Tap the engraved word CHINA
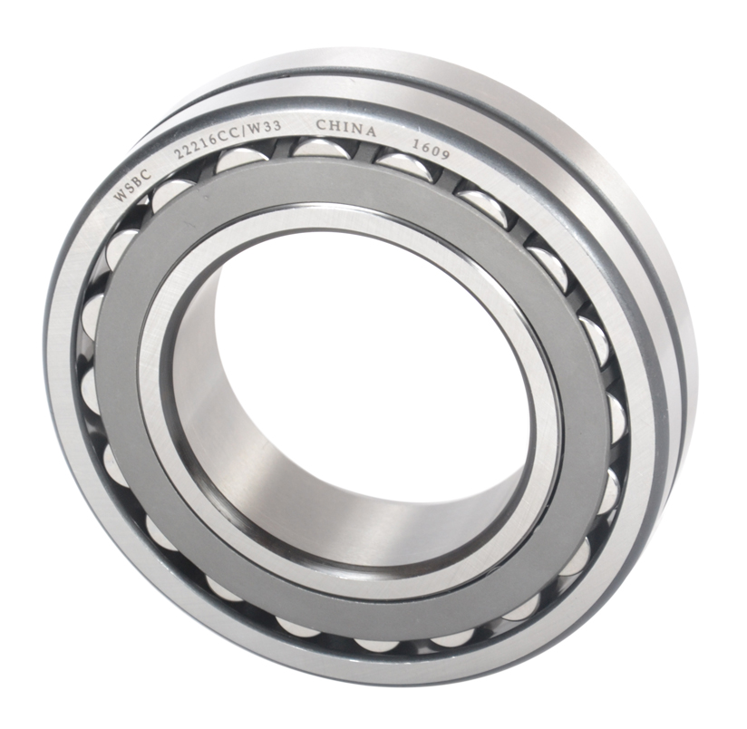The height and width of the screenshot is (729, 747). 345,129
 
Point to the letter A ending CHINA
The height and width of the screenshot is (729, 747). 372,132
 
